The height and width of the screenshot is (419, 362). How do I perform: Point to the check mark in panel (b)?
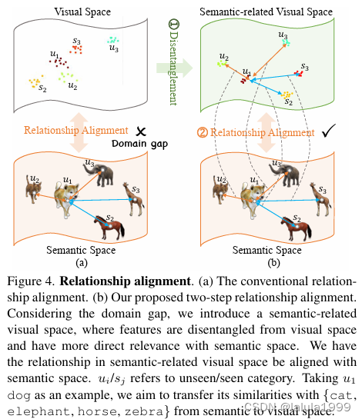[327, 133]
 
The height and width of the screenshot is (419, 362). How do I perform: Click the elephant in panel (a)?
[101, 173]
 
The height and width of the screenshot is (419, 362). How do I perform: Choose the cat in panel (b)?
[223, 187]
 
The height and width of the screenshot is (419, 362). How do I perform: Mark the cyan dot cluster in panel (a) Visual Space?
[114, 39]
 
